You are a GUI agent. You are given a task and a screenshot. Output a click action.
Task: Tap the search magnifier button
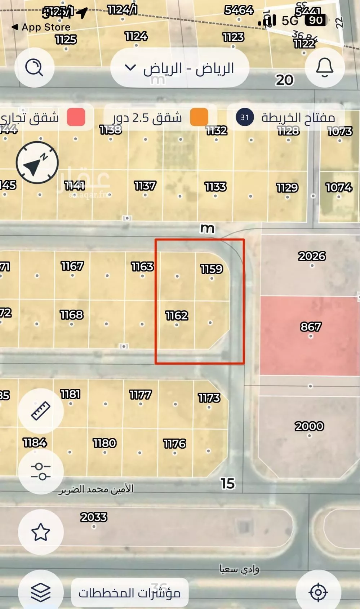click(34, 67)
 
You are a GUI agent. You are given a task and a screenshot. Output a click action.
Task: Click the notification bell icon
click(325, 67)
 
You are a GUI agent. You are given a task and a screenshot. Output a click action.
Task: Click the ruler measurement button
click(41, 411)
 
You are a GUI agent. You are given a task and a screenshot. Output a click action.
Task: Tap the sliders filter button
click(41, 472)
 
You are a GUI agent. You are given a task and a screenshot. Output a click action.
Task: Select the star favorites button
click(41, 532)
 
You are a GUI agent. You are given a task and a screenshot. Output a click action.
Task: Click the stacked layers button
click(41, 592)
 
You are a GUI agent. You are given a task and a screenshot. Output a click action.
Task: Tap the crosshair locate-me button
click(318, 592)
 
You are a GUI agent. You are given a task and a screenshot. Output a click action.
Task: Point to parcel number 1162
click(177, 316)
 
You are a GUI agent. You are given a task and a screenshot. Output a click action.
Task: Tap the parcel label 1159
click(212, 269)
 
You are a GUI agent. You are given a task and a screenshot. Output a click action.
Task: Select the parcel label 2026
click(312, 256)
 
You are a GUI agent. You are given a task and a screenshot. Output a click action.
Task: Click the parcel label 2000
click(309, 426)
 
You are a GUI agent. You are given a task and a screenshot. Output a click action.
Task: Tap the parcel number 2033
click(94, 517)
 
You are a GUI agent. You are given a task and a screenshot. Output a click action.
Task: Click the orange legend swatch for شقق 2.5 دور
click(199, 117)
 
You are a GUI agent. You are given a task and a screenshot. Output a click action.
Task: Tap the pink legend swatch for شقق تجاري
click(76, 117)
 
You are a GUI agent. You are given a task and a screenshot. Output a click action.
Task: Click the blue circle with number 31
click(245, 117)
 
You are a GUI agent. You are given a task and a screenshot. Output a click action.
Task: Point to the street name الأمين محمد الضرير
click(96, 489)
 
